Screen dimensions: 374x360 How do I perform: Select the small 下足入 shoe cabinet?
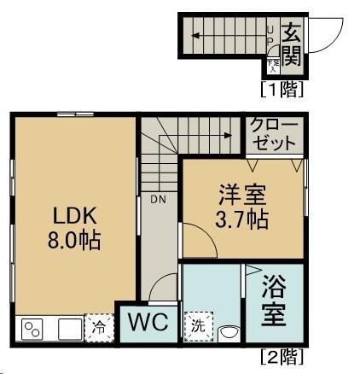click(272, 64)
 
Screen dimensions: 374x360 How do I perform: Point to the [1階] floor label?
click(282, 87)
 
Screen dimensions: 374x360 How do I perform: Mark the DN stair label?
click(159, 201)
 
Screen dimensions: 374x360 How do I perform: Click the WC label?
click(148, 323)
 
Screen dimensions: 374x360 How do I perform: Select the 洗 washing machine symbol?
click(197, 325)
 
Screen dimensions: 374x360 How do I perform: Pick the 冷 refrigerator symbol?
click(99, 327)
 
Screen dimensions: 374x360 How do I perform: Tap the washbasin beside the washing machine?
click(228, 332)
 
